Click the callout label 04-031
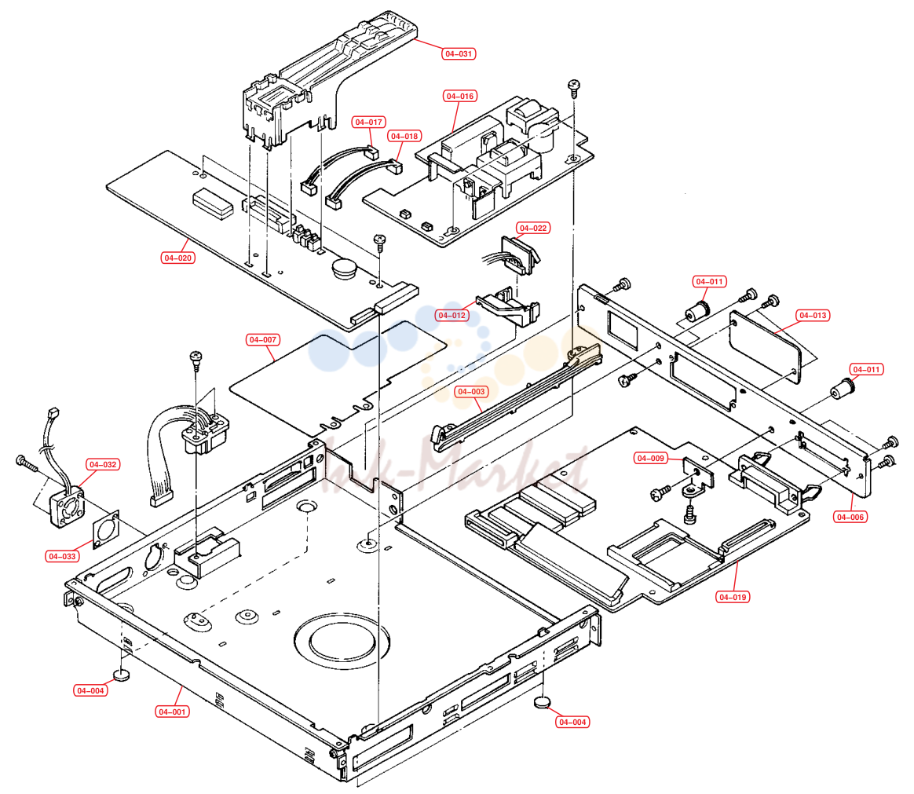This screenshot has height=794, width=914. [459, 53]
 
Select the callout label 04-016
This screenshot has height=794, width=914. [460, 96]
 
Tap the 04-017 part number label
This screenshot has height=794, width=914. [369, 123]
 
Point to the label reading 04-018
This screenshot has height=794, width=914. [404, 137]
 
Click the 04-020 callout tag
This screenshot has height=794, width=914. [177, 258]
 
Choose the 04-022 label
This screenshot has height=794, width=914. [533, 229]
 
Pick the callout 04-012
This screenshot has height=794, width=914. [452, 316]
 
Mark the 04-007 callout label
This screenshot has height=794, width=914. [263, 340]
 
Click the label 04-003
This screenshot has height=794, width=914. [471, 392]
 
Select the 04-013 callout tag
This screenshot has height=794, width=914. [813, 316]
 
